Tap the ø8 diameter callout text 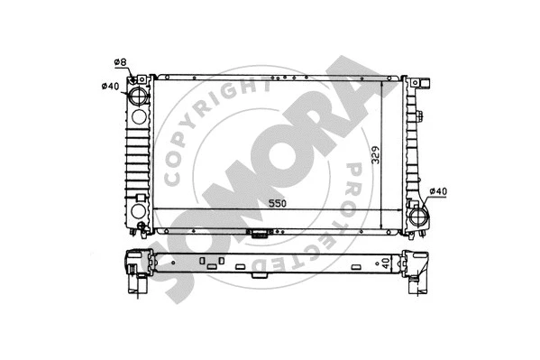[120, 61]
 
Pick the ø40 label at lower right [438, 191]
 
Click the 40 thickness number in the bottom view [388, 264]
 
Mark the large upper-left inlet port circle [138, 97]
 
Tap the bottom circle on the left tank [138, 213]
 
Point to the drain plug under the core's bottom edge [260, 235]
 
